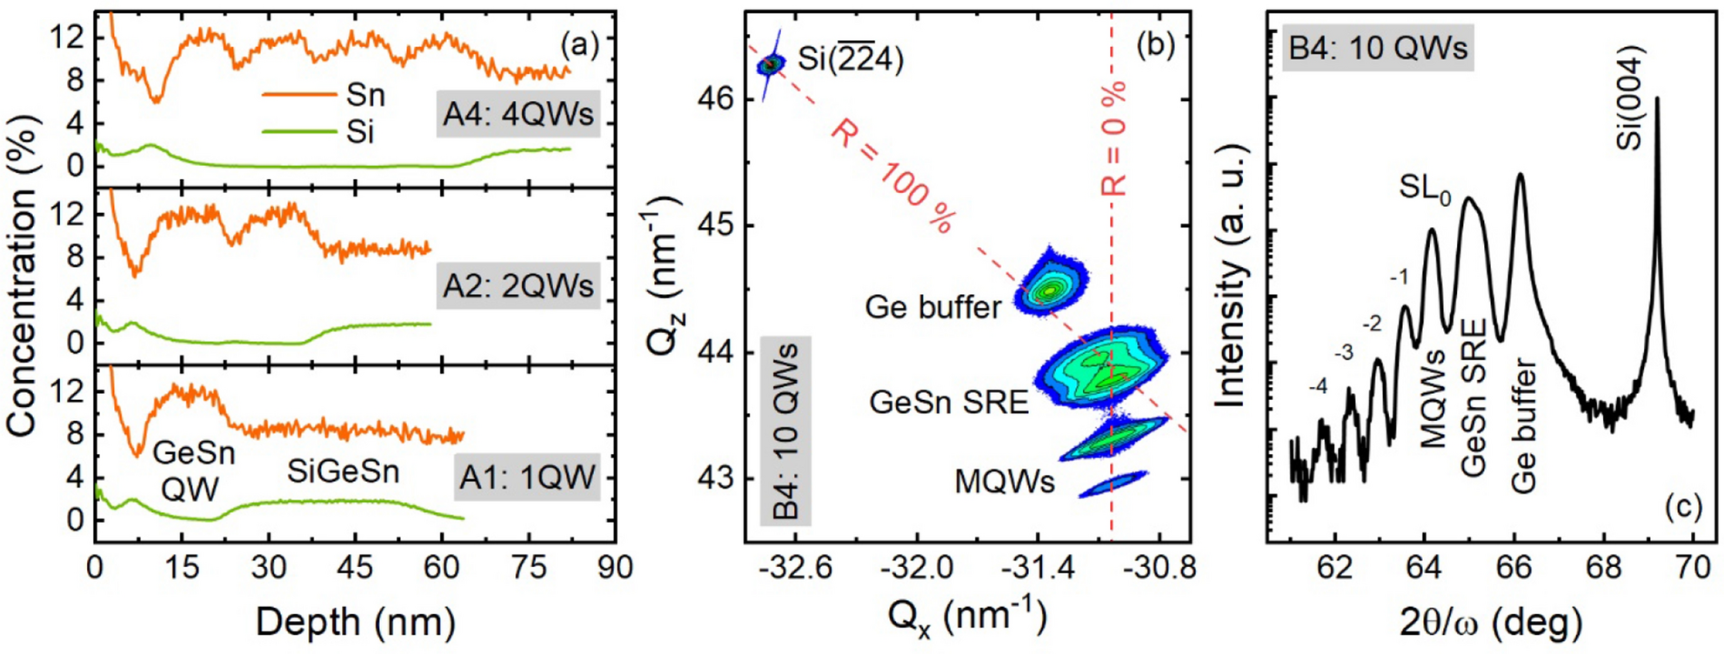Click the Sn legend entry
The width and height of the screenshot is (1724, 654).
364,95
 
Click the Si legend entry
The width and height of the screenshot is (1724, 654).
359,132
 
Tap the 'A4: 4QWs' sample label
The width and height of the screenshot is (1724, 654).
518,115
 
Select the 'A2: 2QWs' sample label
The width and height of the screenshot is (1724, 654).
518,286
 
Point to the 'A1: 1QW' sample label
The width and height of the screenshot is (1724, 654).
527,477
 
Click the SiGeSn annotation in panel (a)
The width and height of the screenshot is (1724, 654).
344,472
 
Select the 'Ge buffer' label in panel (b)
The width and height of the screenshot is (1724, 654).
932,307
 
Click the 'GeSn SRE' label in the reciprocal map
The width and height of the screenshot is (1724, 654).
948,402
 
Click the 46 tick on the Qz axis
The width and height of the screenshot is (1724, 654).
715,98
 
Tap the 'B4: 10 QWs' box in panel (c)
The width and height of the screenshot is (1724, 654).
1378,47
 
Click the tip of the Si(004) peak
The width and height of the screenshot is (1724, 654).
1657,98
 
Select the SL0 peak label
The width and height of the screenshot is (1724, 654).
1425,188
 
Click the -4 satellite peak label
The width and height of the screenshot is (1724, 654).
1318,386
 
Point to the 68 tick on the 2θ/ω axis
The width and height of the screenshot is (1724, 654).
1604,568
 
